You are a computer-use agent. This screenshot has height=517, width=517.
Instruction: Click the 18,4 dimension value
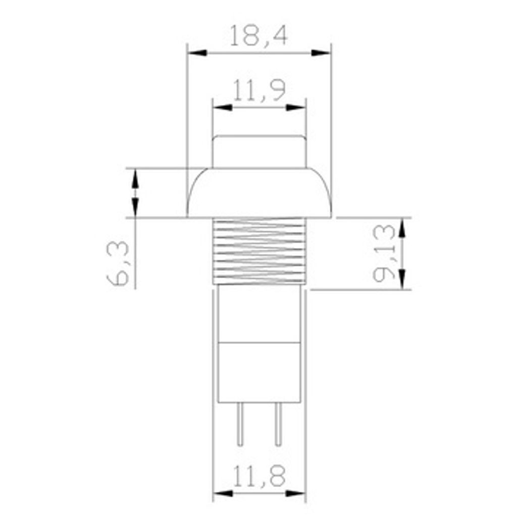pyautogui.click(x=258, y=35)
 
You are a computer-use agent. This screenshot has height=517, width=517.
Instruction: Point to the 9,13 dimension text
pyautogui.click(x=384, y=252)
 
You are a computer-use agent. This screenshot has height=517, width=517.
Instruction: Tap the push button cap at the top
pyautogui.click(x=259, y=151)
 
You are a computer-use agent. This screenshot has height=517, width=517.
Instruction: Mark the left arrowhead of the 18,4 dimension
pyautogui.click(x=196, y=53)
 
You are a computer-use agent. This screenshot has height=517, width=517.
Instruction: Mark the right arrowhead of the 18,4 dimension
pyautogui.click(x=321, y=53)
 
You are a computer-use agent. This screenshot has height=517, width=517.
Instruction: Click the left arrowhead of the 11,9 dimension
pyautogui.click(x=222, y=107)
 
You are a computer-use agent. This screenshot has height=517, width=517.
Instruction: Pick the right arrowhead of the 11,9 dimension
pyautogui.click(x=296, y=107)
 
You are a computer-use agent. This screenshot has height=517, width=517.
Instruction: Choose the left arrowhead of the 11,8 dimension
pyautogui.click(x=223, y=493)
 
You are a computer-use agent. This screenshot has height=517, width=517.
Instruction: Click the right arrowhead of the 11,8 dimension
pyautogui.click(x=296, y=493)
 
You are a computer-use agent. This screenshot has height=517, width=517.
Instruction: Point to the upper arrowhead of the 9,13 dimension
pyautogui.click(x=402, y=228)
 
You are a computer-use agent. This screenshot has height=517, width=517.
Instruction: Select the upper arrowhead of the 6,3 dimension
pyautogui.click(x=135, y=178)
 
